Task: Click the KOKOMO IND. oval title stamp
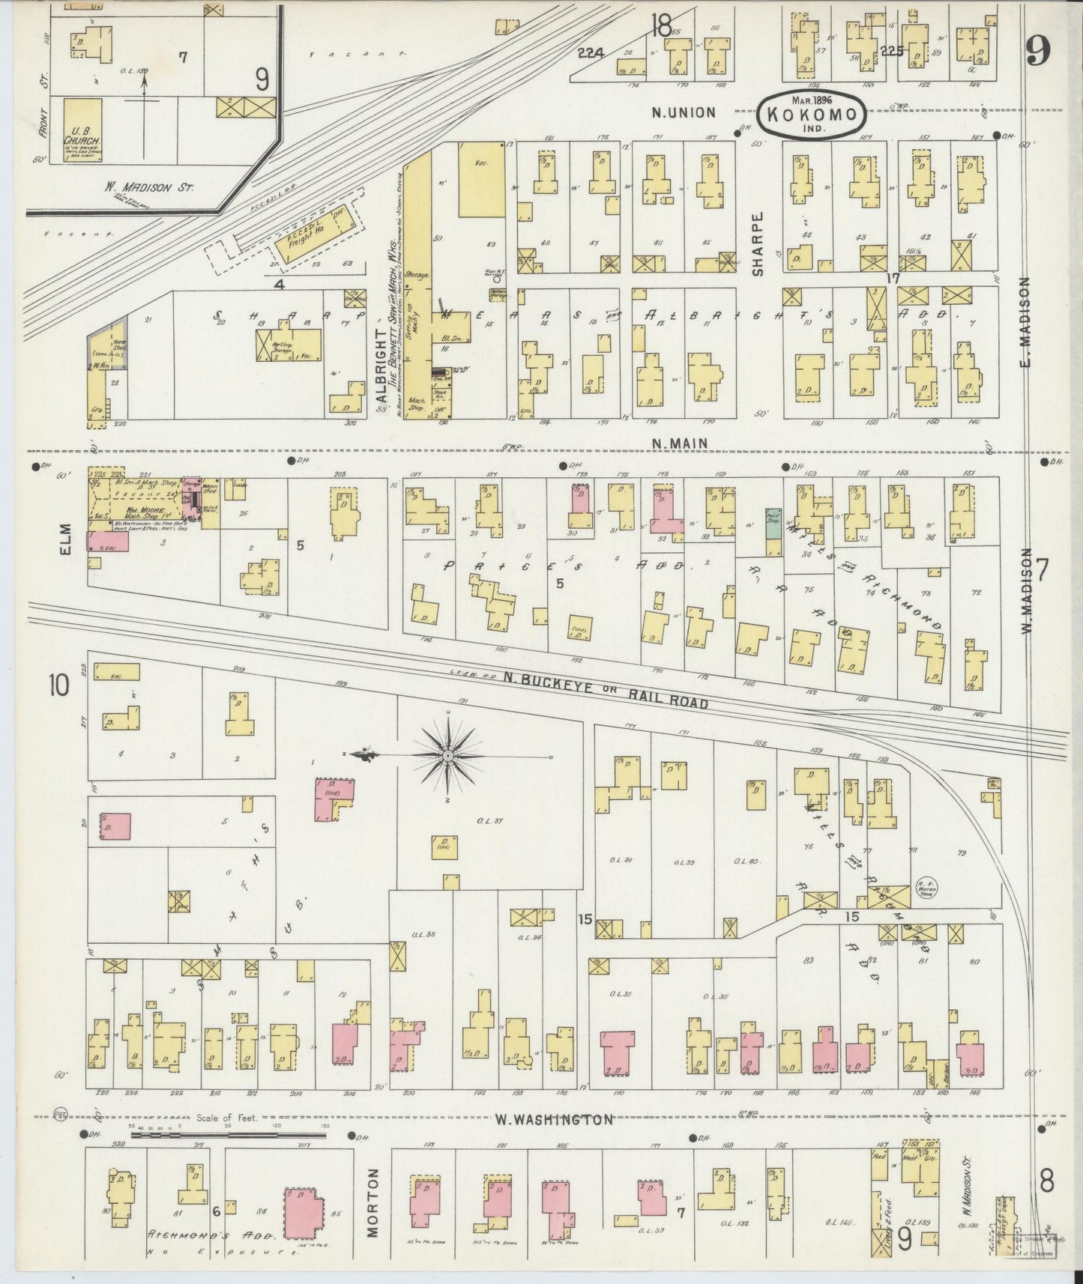click(812, 115)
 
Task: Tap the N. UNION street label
click(684, 112)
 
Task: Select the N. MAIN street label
click(679, 443)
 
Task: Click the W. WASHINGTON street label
click(554, 1119)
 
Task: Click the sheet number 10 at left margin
click(58, 685)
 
